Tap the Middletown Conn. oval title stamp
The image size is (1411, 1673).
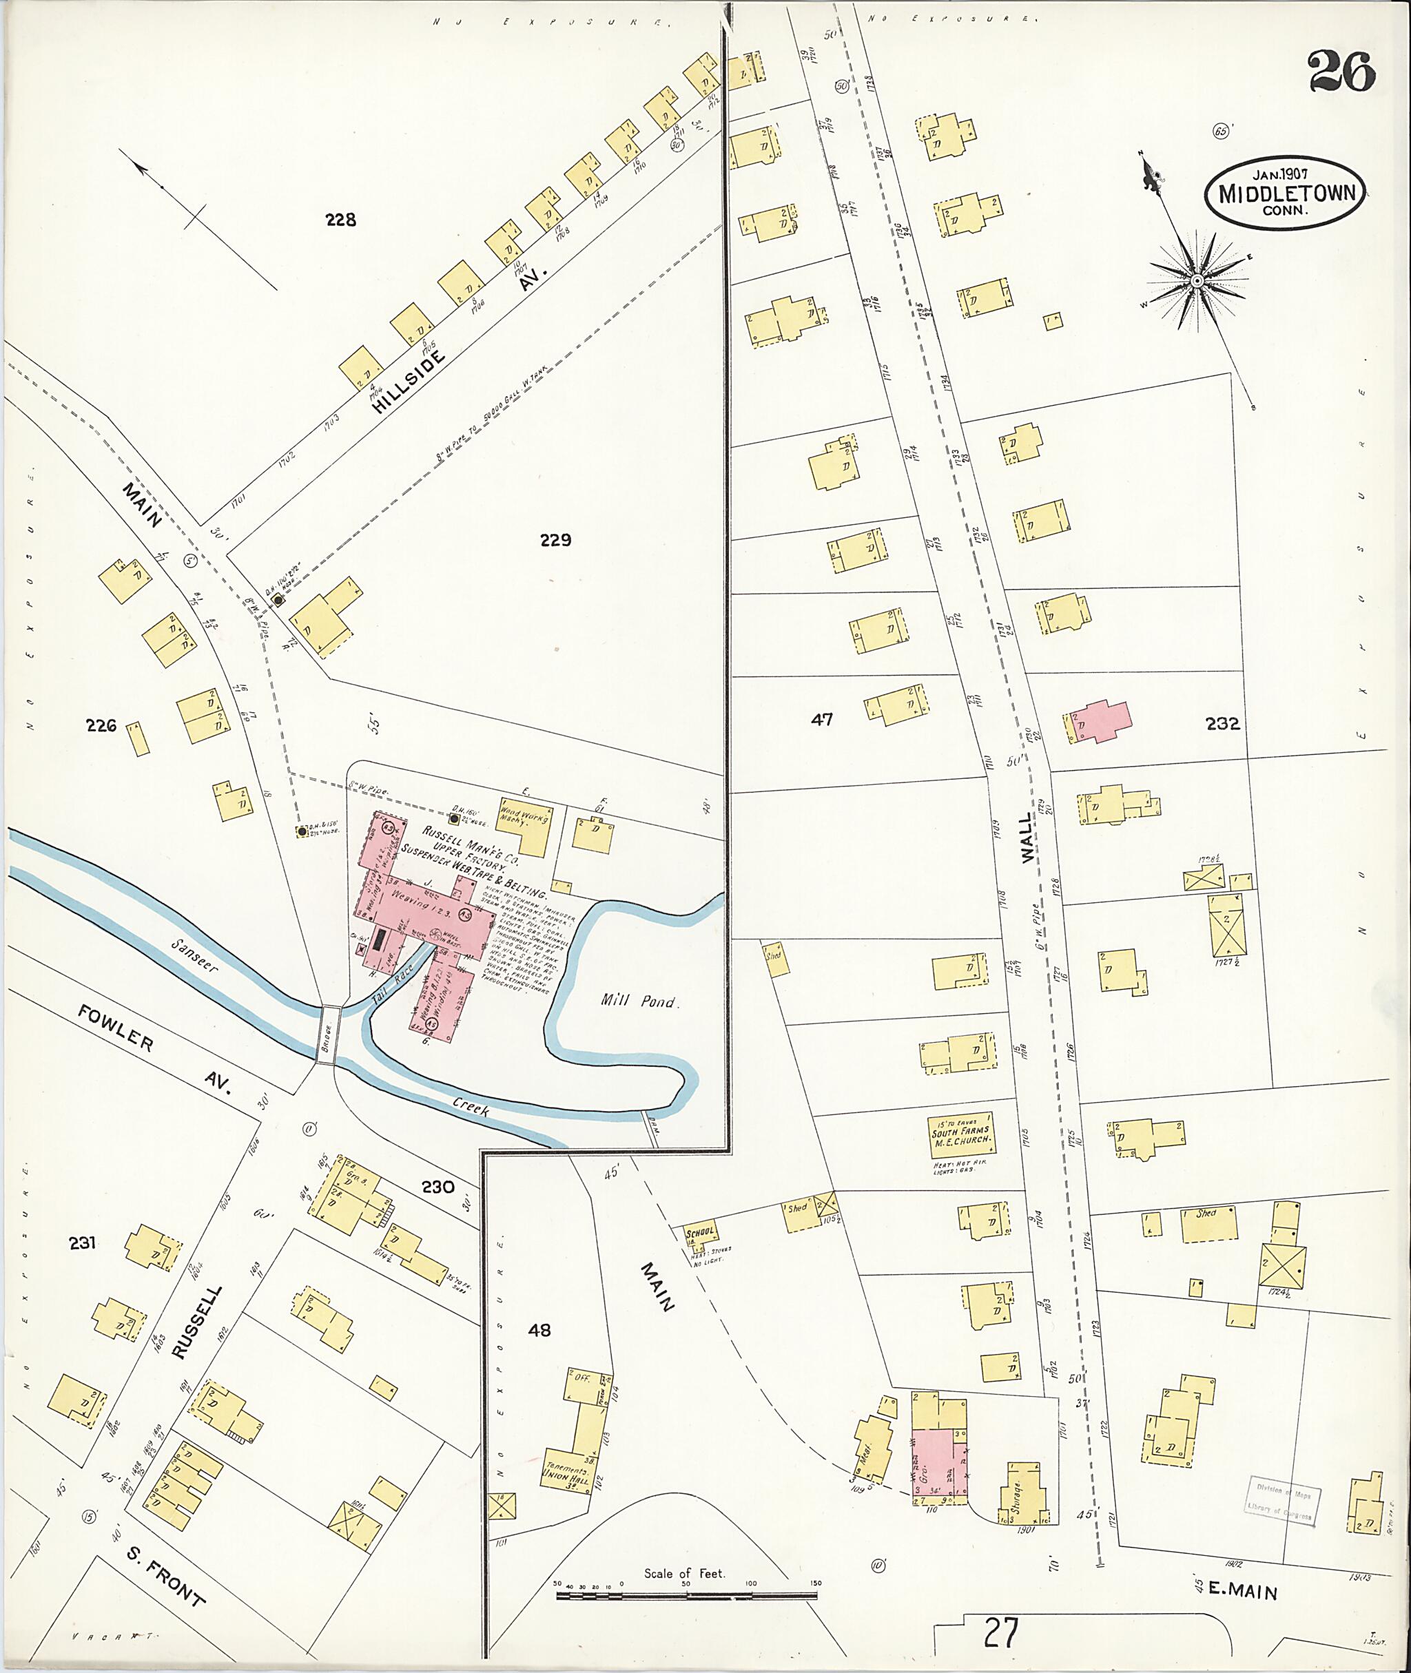[x=1286, y=194]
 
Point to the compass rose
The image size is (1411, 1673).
[x=1197, y=281]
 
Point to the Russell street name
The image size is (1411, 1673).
[x=196, y=1322]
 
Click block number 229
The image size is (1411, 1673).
[x=555, y=540]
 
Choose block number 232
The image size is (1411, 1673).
[x=1222, y=724]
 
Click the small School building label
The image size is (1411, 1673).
[x=700, y=1234]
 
